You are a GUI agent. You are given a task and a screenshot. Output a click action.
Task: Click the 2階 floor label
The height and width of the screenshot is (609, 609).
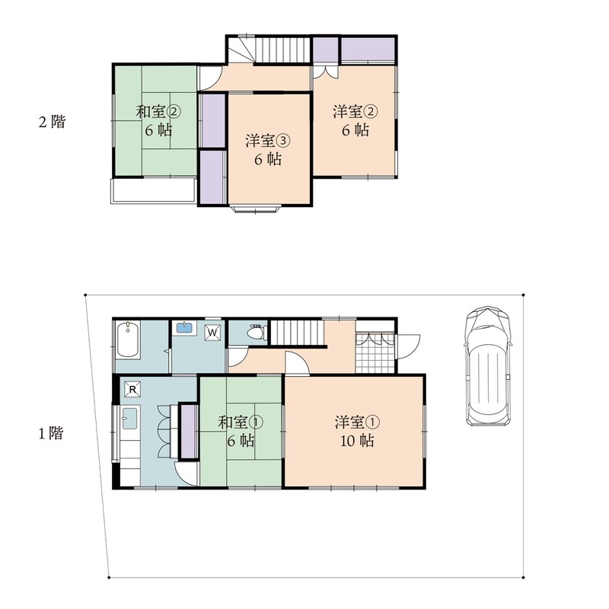[x=52, y=122]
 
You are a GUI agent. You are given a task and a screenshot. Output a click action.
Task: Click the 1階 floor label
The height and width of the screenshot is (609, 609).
[x=51, y=433]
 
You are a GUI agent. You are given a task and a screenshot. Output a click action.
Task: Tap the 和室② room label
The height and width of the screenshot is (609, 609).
[x=158, y=112]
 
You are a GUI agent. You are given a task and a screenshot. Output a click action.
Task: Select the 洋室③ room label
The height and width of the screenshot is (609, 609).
[x=268, y=141]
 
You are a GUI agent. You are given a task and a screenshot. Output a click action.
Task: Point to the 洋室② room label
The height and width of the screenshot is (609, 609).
[x=356, y=112]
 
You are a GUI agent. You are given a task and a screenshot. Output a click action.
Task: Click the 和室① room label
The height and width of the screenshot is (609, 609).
[x=241, y=422]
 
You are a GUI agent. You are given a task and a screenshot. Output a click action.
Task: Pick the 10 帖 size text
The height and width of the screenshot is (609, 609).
[x=357, y=441]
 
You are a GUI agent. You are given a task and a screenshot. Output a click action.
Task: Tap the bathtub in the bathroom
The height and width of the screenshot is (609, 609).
[x=128, y=340]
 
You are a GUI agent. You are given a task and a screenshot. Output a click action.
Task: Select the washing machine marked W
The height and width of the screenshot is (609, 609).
[x=212, y=333]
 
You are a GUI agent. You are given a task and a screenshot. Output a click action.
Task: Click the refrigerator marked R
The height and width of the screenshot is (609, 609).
[x=132, y=389]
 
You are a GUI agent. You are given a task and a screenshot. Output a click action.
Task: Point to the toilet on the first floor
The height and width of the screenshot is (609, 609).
[x=257, y=333]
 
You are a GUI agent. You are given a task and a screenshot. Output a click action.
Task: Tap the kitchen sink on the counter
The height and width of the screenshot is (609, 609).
[x=130, y=418]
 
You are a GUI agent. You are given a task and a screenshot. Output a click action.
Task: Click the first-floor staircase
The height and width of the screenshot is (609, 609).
[x=297, y=333]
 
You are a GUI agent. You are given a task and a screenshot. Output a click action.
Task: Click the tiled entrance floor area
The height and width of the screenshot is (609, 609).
[x=375, y=352]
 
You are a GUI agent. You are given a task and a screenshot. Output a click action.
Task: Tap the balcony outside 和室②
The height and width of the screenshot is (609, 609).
[x=153, y=190]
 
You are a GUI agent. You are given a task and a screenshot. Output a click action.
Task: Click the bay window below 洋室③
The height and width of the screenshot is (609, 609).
[x=255, y=209]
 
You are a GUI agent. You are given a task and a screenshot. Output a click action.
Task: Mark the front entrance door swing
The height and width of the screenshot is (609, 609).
[x=408, y=346]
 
